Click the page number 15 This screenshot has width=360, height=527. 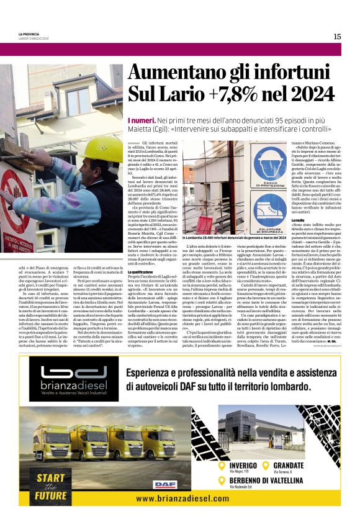pos(337,37)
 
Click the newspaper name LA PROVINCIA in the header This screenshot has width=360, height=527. pos(29,35)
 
